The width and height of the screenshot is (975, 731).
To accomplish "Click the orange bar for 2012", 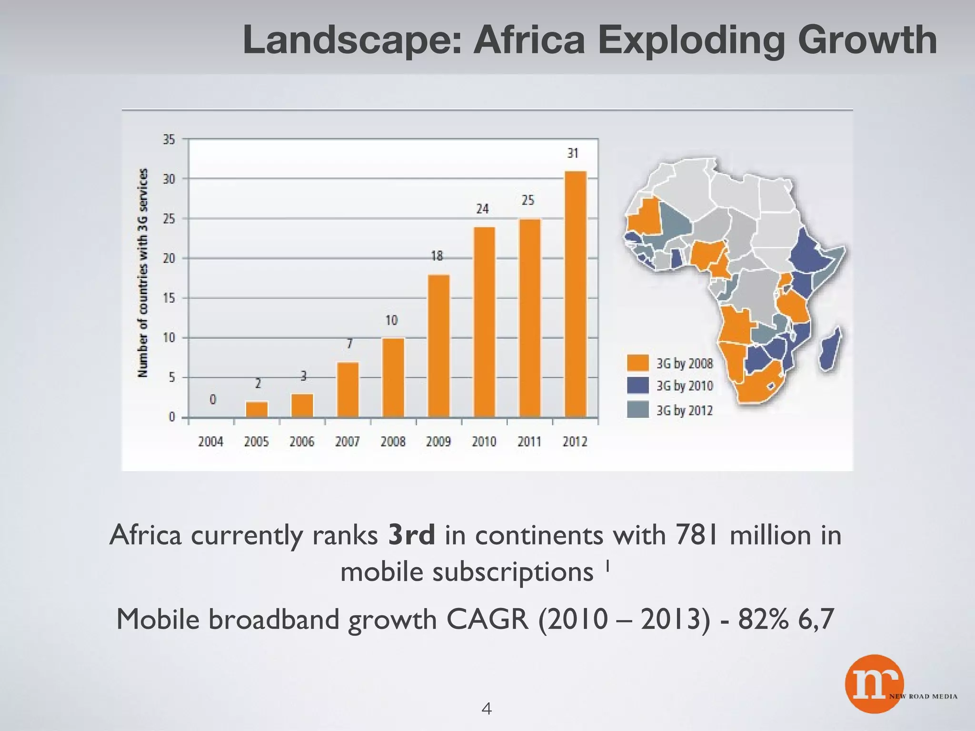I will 575,294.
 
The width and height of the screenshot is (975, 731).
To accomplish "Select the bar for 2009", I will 438,346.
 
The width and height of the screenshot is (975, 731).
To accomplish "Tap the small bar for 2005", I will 257,409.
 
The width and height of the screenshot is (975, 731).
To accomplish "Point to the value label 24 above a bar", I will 482,209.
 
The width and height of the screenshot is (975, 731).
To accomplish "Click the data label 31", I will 573,153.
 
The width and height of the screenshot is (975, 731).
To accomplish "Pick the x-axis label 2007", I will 347,442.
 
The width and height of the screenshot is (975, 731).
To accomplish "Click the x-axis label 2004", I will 210,442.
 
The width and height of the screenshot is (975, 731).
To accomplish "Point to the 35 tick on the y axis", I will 169,139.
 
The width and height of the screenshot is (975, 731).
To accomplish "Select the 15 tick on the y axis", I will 169,298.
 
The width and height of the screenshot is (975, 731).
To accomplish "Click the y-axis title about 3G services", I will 143,273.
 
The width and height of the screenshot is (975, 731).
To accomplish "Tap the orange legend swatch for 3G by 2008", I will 637,363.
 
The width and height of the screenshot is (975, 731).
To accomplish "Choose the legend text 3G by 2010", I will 685,385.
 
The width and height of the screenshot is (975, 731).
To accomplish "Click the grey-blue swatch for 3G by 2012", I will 637,409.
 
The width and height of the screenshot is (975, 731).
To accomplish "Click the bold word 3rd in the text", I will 411,535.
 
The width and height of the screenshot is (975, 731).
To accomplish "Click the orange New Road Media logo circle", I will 874,684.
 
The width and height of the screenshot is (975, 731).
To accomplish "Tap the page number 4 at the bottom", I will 487,709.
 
